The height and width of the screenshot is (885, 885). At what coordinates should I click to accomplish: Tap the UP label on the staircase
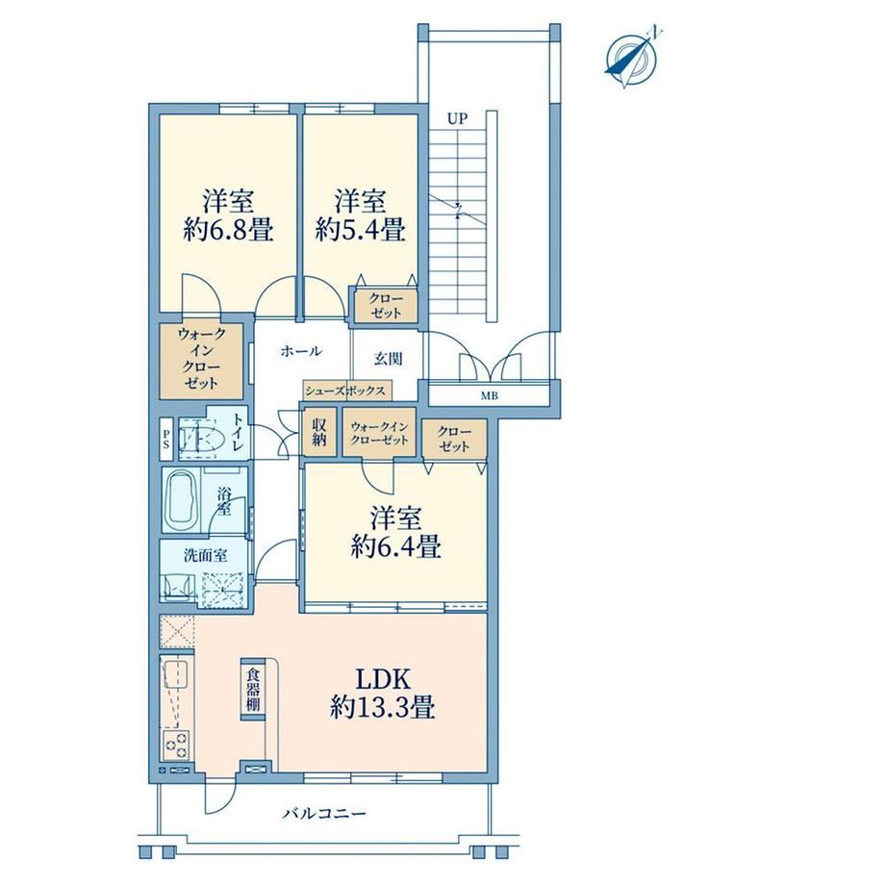[457, 119]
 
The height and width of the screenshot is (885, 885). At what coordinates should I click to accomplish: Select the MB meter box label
[490, 396]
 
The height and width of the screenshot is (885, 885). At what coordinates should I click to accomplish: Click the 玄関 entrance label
[389, 359]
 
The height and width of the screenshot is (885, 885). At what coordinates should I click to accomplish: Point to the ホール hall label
[301, 351]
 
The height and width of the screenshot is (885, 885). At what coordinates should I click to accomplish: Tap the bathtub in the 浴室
[181, 499]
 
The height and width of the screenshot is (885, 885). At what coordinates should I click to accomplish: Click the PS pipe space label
[165, 439]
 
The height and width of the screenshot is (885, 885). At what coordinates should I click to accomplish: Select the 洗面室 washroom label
[206, 555]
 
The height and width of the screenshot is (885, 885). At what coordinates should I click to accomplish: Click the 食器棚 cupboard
[252, 689]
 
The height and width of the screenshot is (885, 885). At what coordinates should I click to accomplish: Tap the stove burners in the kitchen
[176, 744]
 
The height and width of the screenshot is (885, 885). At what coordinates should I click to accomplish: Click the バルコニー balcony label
[324, 813]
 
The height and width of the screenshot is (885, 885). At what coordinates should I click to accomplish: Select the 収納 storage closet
[319, 432]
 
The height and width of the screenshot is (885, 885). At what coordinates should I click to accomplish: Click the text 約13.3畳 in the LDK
[382, 707]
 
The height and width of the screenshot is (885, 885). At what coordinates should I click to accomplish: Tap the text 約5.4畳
[360, 230]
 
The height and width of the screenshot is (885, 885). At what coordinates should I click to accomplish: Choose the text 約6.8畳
[228, 230]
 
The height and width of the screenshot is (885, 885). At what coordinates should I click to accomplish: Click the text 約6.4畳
[395, 546]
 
